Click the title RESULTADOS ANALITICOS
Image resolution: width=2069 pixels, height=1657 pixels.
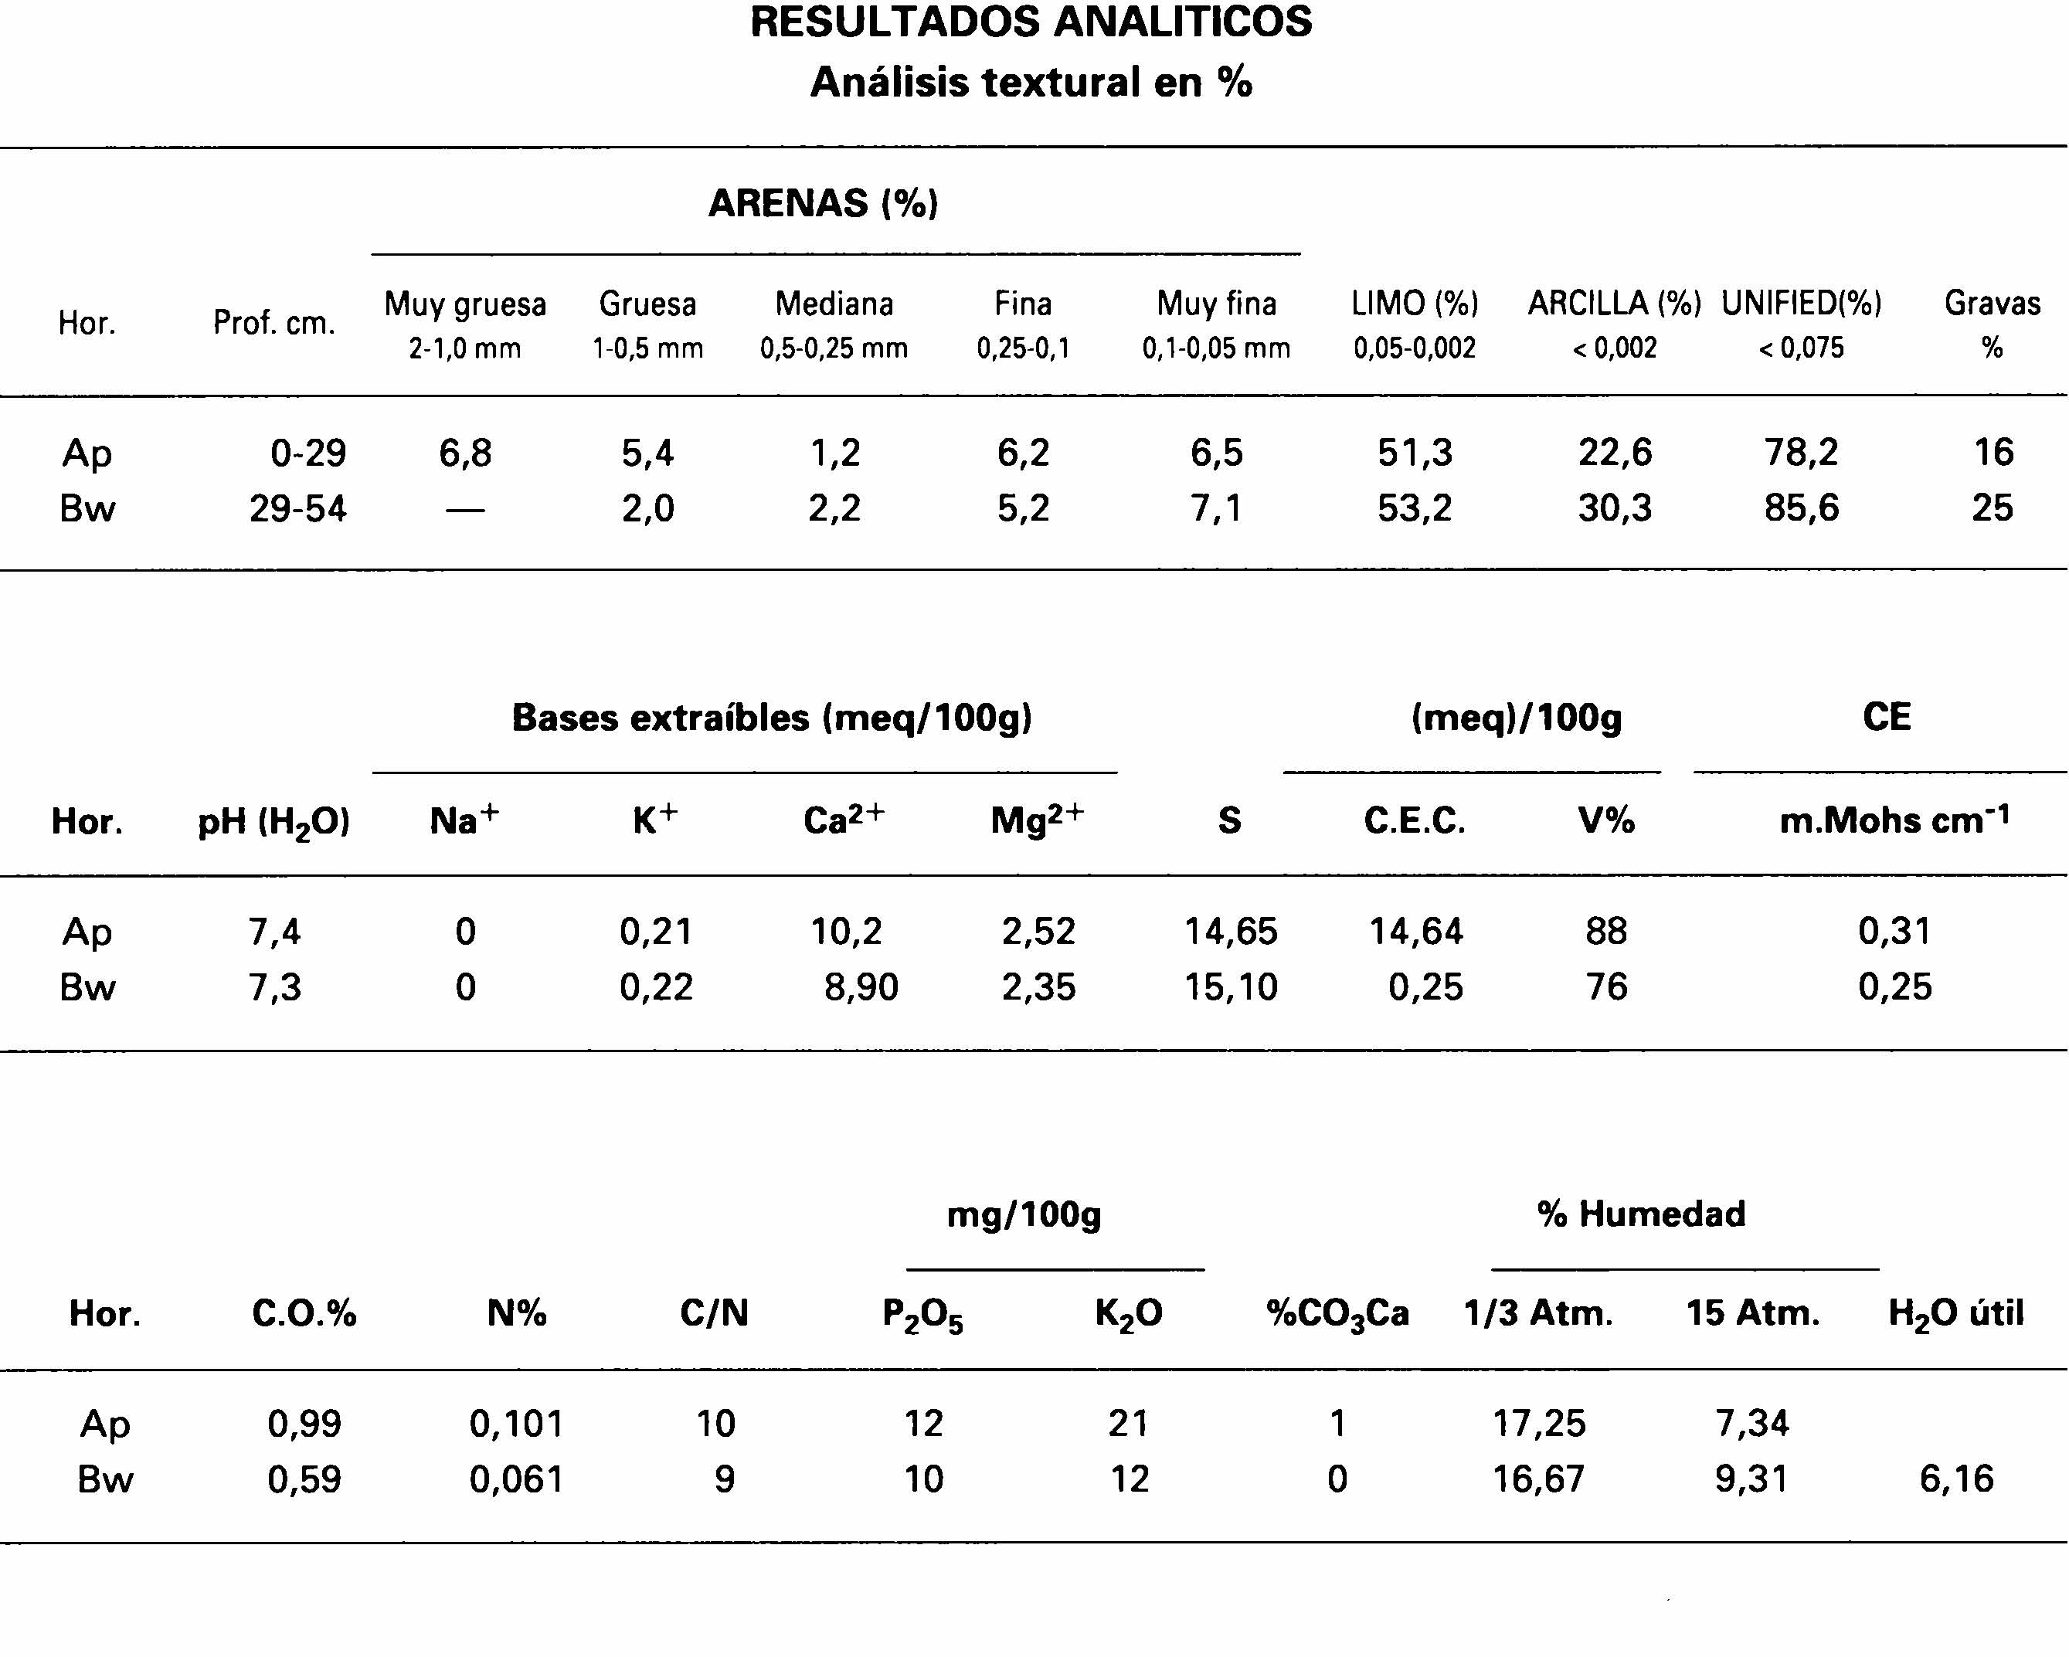point(1031,23)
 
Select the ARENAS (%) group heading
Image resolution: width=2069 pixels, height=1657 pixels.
point(824,203)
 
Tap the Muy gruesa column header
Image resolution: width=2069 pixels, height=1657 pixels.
point(465,305)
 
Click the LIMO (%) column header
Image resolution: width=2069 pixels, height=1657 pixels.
point(1415,304)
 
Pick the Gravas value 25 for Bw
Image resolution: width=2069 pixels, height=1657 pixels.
point(1993,508)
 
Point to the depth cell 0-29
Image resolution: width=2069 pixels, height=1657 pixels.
point(308,452)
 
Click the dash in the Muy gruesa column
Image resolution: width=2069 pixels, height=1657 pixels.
point(465,510)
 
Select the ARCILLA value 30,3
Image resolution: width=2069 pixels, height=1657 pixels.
point(1615,508)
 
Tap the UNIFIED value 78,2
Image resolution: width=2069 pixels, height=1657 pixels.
point(1801,452)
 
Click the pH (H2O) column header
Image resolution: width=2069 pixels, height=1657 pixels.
point(273,822)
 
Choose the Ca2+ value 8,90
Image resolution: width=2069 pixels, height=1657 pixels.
point(861,986)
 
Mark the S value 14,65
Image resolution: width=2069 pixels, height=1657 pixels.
point(1230,931)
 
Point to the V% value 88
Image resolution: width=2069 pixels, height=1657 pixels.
point(1606,931)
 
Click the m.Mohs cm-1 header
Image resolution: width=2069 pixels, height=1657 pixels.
point(1894,820)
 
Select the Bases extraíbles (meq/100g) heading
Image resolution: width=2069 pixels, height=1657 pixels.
point(772,718)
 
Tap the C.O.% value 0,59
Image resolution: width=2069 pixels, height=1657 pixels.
point(304,1479)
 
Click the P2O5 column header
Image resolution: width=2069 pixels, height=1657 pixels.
point(922,1315)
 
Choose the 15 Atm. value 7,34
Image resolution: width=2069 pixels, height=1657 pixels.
point(1752,1423)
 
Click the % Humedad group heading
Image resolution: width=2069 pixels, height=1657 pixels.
point(1641,1214)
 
